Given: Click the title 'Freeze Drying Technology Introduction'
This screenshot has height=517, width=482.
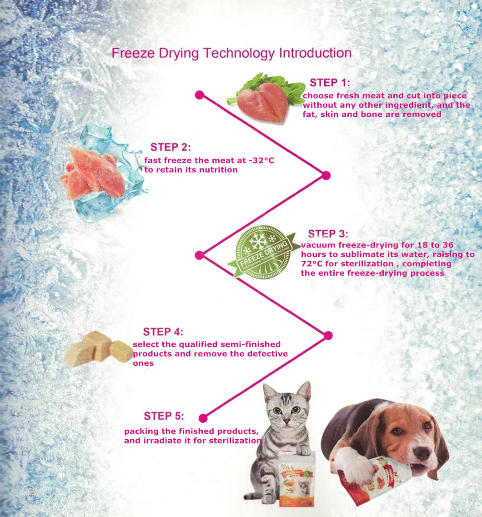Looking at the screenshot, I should coord(231,53).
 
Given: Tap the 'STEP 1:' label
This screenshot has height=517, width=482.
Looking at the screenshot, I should coord(330,83).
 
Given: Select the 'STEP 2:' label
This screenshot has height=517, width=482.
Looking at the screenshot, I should coord(171,147).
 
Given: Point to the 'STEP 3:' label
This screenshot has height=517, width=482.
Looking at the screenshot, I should coord(328,234).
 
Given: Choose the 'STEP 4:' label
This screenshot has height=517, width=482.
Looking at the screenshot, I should coord(163,332).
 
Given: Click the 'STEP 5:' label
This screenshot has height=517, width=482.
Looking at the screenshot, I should coord(164,416).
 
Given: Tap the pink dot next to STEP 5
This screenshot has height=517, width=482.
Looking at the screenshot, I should coord(203,418).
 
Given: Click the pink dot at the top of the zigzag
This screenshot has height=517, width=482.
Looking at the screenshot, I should coord(199,94).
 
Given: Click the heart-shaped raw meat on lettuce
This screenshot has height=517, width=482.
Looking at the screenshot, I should coord(261,103).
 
